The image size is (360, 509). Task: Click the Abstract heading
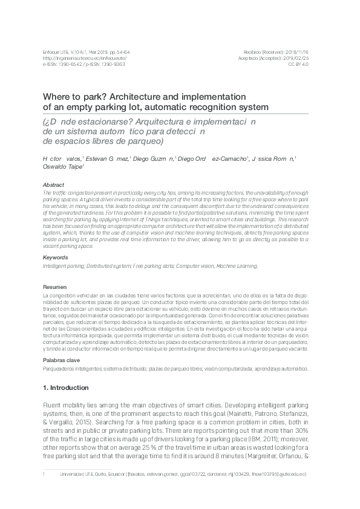pyautogui.click(x=54, y=184)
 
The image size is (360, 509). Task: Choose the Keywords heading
pyautogui.click(x=56, y=258)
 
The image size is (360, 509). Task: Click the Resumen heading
pyautogui.click(x=56, y=287)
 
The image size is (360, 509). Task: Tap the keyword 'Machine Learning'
pyautogui.click(x=239, y=265)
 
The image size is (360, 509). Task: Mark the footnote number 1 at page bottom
pyautogui.click(x=44, y=475)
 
